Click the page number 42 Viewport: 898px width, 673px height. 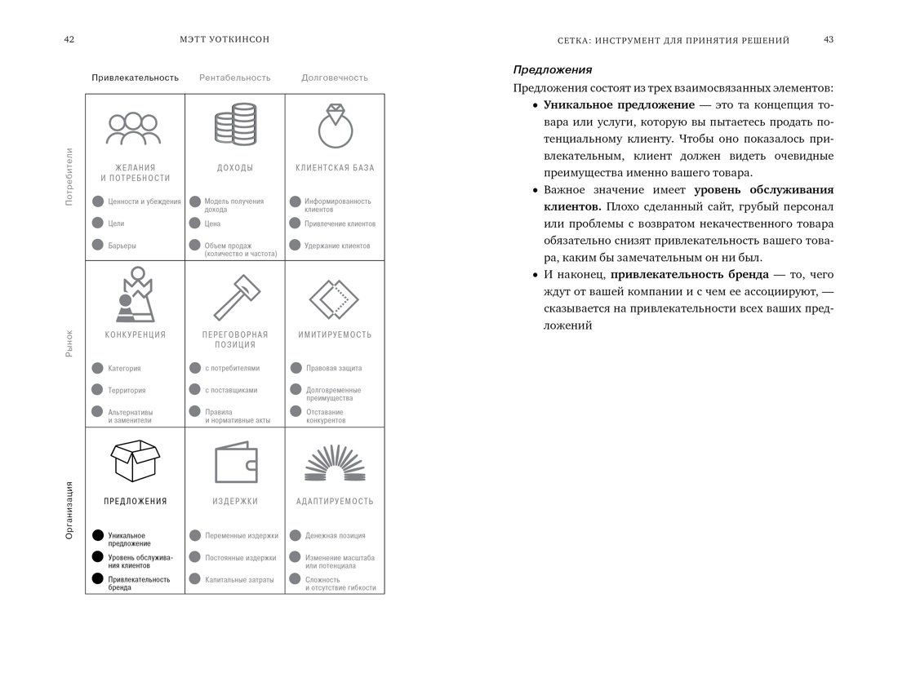[x=69, y=40]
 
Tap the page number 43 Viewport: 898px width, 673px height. [x=828, y=40]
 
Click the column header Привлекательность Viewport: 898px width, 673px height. [x=135, y=78]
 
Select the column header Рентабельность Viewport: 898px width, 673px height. [x=234, y=78]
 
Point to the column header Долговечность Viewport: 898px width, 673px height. [x=334, y=78]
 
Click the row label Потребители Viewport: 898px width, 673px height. [x=69, y=176]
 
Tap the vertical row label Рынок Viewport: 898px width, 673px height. [x=69, y=343]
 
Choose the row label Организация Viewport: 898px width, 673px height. [x=69, y=510]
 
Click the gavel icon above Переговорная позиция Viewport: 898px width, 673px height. [x=234, y=297]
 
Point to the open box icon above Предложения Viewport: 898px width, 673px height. [x=135, y=461]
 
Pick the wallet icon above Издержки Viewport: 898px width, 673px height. [x=234, y=463]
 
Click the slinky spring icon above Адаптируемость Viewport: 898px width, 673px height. [x=334, y=463]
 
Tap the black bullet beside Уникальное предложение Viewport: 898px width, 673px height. [x=98, y=536]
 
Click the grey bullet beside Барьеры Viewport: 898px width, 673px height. [x=98, y=245]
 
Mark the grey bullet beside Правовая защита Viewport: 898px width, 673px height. [x=296, y=368]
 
